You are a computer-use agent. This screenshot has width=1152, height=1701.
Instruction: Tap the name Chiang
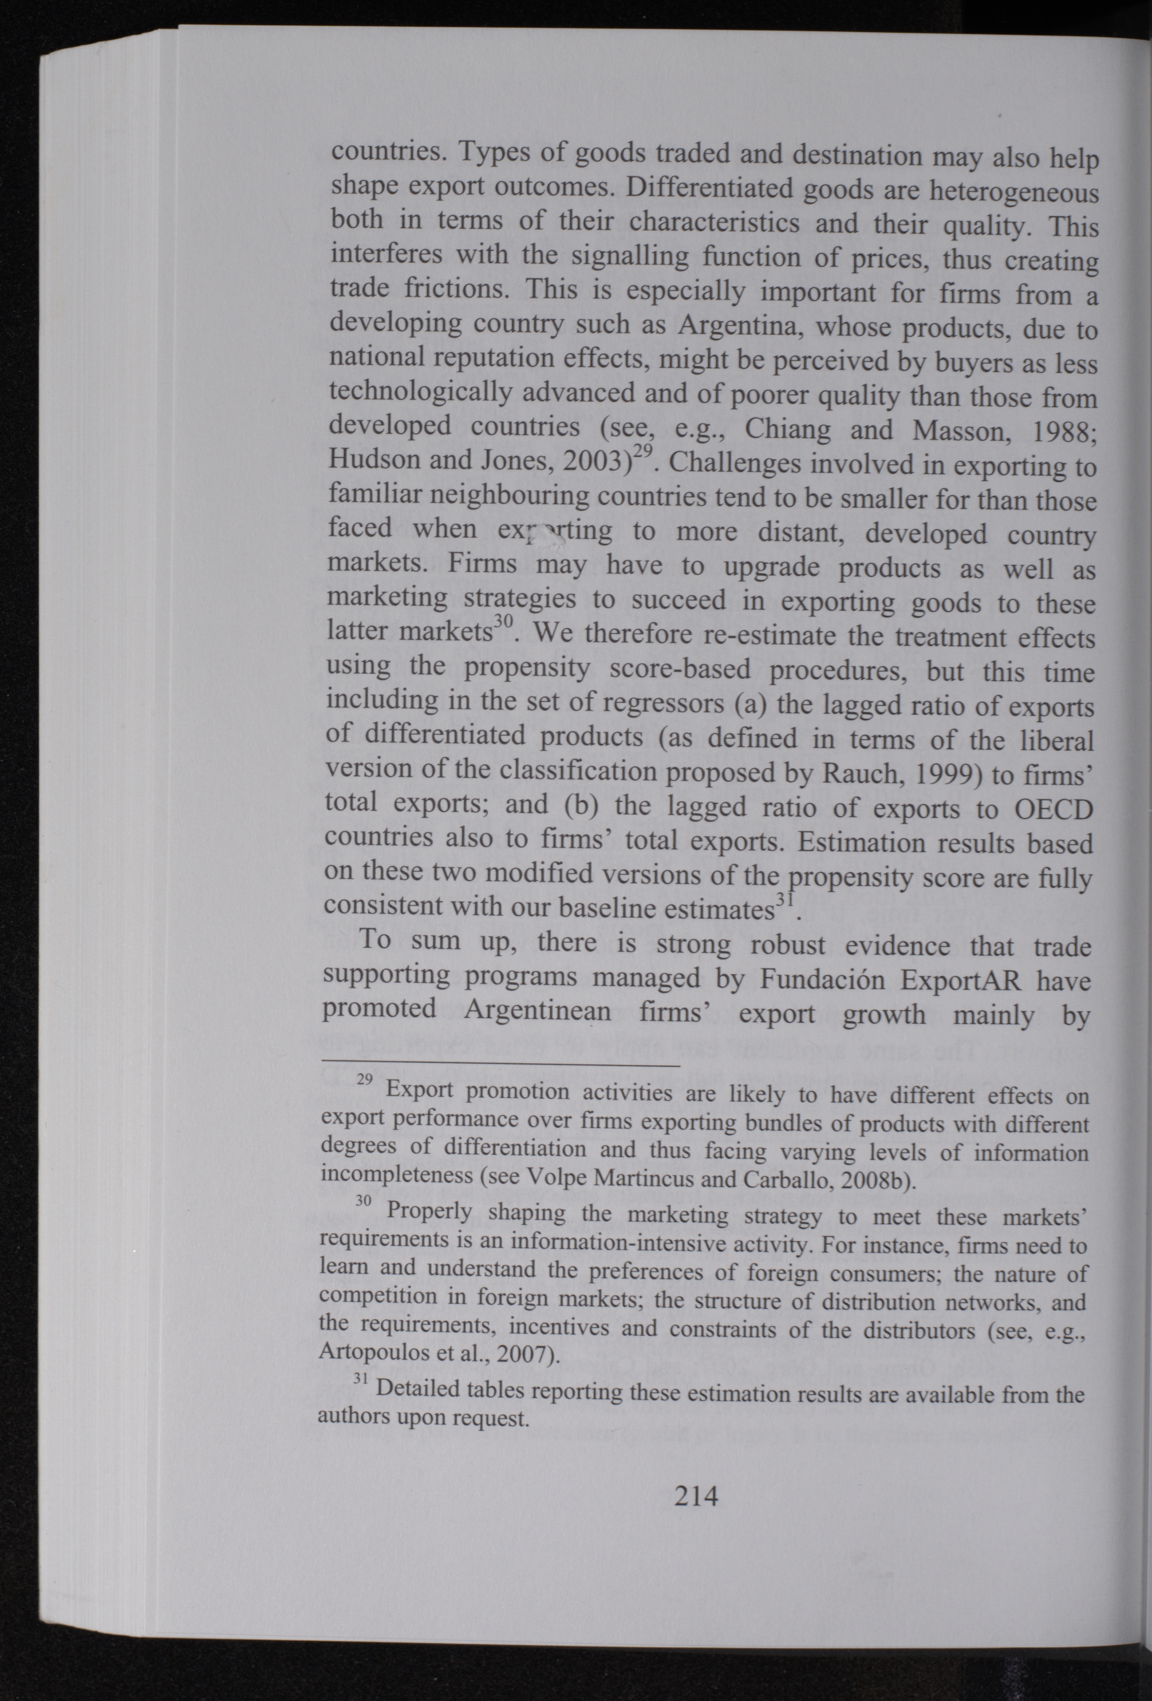pyautogui.click(x=788, y=428)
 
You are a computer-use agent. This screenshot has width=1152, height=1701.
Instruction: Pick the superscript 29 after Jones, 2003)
pyautogui.click(x=642, y=452)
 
